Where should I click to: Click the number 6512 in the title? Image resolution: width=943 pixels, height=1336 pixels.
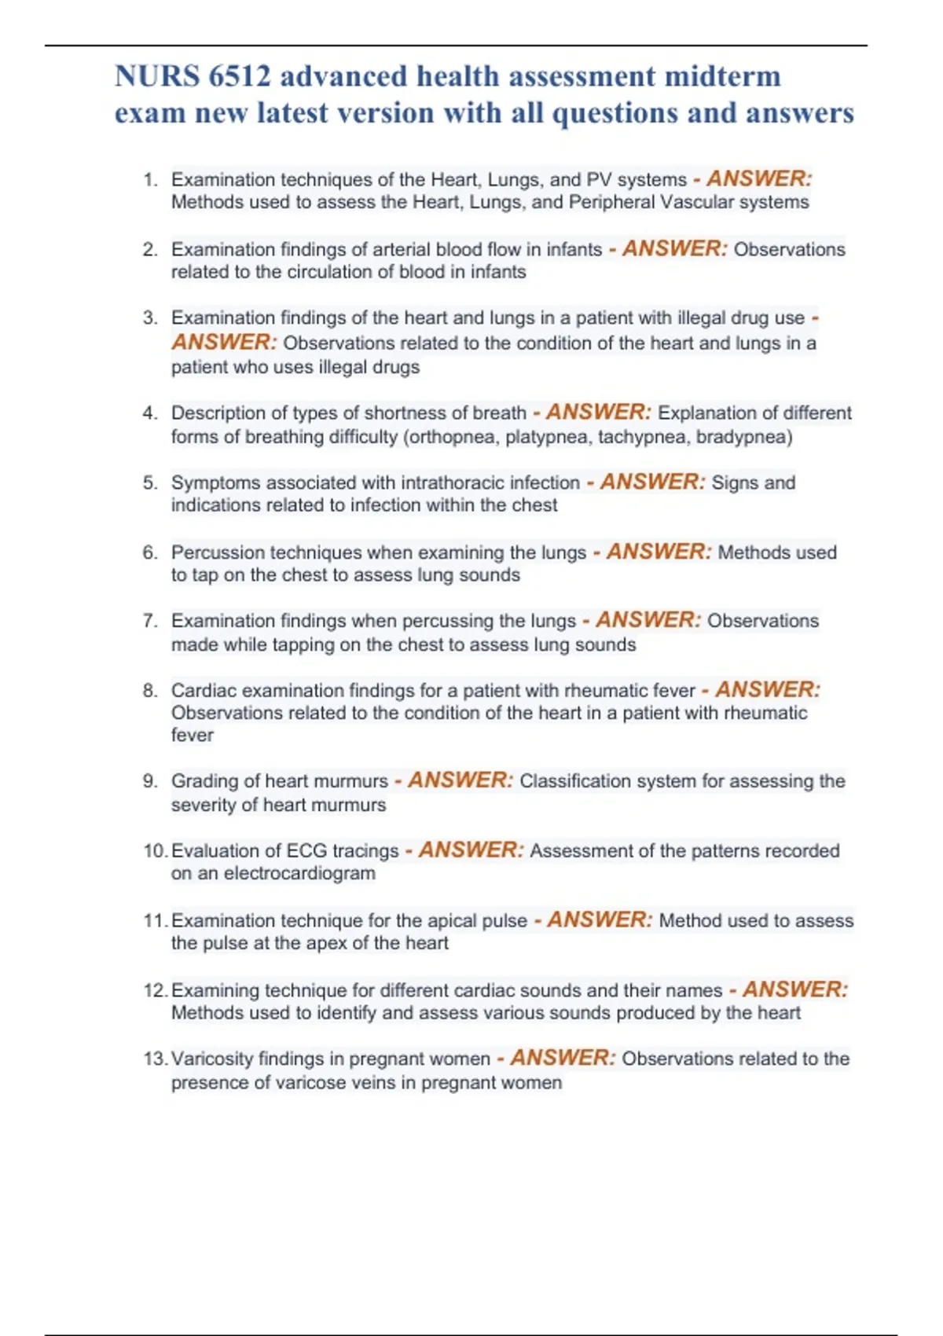coord(240,77)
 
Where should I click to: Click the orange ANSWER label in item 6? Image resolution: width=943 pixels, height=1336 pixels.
coord(659,552)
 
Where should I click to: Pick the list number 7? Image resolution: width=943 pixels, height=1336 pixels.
coord(150,621)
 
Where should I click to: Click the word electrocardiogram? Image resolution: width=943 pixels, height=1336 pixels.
coord(299,874)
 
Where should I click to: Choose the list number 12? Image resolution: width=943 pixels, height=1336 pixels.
coord(155,990)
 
